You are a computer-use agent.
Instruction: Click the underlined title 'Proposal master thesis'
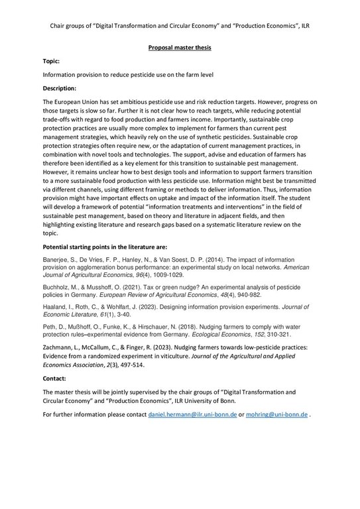(180, 48)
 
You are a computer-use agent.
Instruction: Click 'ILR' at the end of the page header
(303, 26)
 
